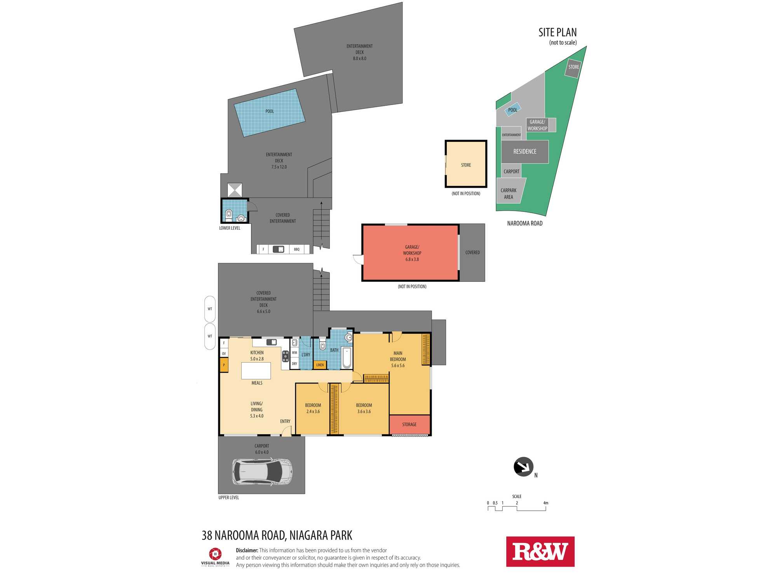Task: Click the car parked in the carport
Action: tap(262, 472)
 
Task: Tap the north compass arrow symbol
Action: tap(523, 466)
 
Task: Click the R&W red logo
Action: tap(540, 552)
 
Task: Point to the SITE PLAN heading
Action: tap(557, 32)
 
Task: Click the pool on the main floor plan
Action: tap(270, 113)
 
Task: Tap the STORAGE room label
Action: tap(409, 424)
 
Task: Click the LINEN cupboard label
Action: tap(320, 365)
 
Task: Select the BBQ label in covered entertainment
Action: tap(297, 250)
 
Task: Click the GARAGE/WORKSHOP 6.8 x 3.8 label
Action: tap(412, 253)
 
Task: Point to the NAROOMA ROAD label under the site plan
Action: tap(524, 223)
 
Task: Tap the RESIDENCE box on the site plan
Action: tap(525, 152)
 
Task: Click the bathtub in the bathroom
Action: tap(347, 358)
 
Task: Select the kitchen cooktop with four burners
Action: tap(286, 356)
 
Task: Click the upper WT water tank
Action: tap(210, 309)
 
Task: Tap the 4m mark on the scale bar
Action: tap(545, 503)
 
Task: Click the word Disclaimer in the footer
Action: tap(247, 550)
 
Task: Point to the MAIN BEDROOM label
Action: tap(398, 356)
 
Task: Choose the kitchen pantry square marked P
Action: tap(224, 365)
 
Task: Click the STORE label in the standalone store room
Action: tap(466, 165)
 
